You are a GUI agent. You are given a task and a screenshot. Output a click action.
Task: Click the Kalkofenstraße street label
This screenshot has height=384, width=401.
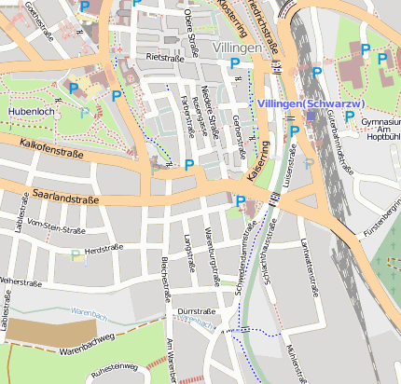coord(47,146)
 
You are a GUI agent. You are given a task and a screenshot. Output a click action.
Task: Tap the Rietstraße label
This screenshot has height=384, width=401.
coord(165,57)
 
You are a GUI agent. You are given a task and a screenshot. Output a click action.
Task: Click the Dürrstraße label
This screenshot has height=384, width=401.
coord(196,310)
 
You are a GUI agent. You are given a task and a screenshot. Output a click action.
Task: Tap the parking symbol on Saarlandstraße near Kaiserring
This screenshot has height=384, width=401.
coord(241,200)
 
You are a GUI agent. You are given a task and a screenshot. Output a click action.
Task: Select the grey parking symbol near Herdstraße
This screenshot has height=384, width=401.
coord(76,254)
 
